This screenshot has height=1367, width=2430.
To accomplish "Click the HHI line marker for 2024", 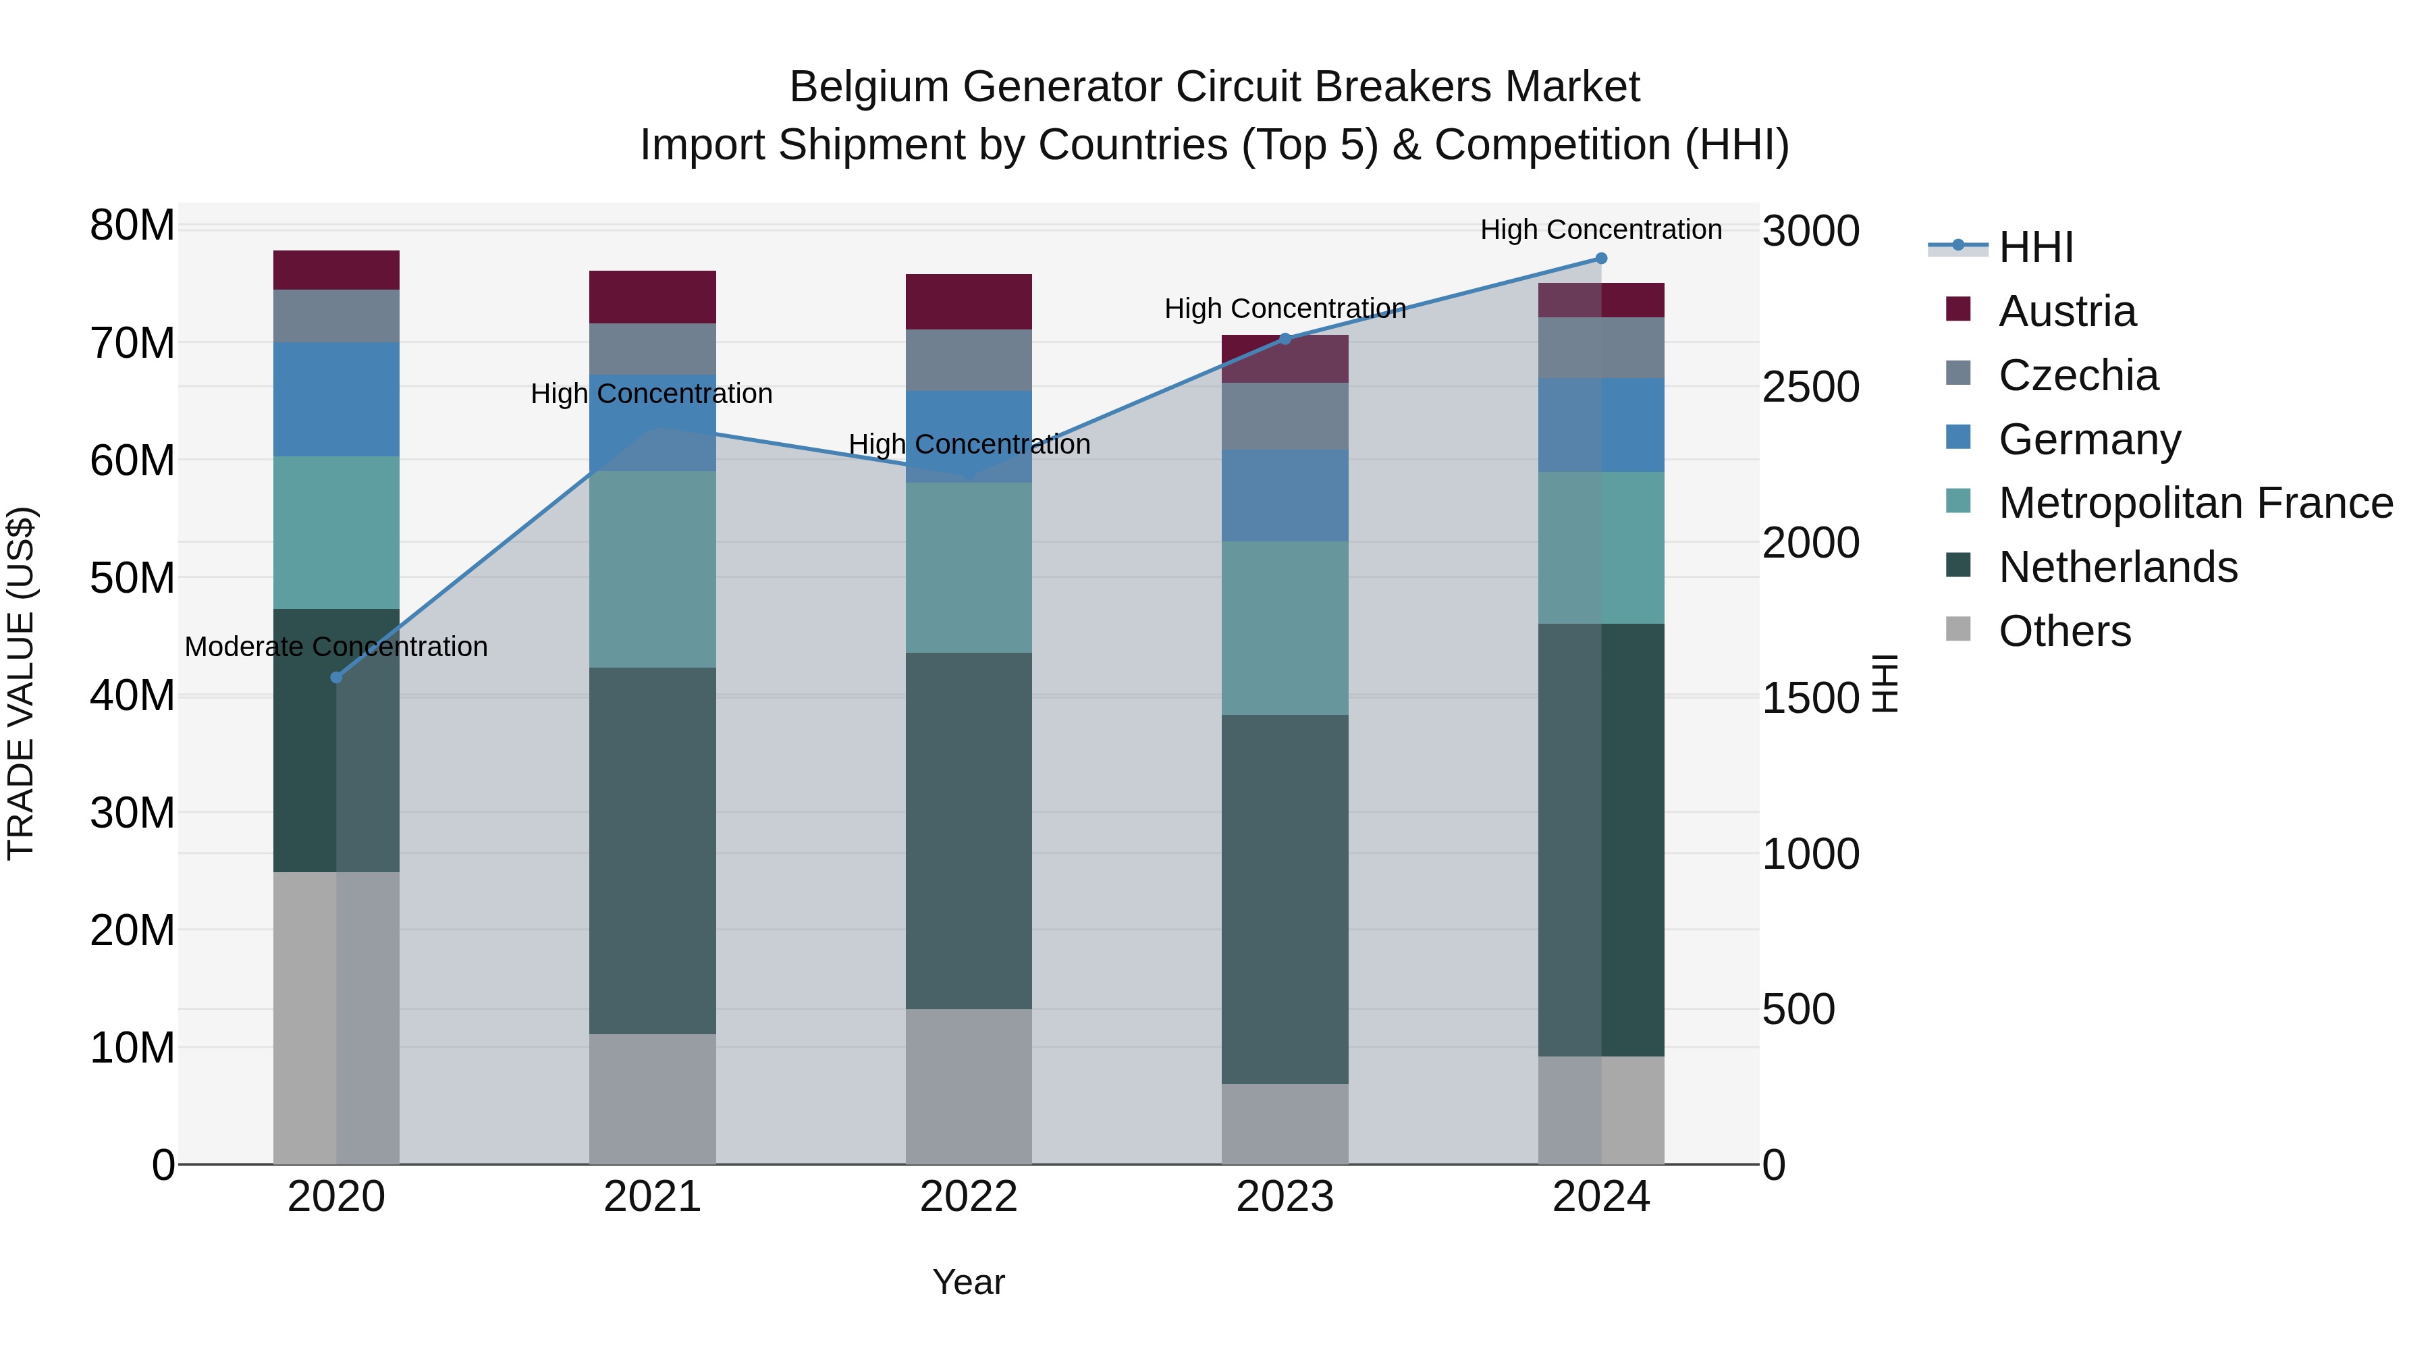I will point(1601,259).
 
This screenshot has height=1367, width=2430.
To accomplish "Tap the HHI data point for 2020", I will point(337,677).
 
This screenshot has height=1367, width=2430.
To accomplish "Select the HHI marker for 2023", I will point(1285,339).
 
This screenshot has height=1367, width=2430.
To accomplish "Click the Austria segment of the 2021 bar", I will point(653,297).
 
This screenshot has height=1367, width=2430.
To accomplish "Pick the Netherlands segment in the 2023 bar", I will point(1285,899).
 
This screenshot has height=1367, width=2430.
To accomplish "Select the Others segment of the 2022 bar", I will point(969,1086).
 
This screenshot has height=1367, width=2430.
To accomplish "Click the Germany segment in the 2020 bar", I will point(337,399).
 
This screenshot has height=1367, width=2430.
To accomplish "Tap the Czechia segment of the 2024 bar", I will point(1601,348).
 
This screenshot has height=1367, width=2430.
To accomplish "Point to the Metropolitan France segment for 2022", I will point(969,568).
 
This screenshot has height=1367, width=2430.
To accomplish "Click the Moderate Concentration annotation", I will point(337,647).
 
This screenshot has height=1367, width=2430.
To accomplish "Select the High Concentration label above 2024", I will point(1601,230).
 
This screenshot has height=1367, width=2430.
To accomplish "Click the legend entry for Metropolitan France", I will point(2195,503).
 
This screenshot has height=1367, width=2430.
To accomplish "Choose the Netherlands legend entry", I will point(2117,567).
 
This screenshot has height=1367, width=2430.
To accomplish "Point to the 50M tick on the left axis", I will point(132,577).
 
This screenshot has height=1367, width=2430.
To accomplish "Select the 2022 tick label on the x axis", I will point(969,1197).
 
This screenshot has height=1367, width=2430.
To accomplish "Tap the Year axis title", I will point(969,1282).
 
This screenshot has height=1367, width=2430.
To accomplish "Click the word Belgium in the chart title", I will point(869,87).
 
